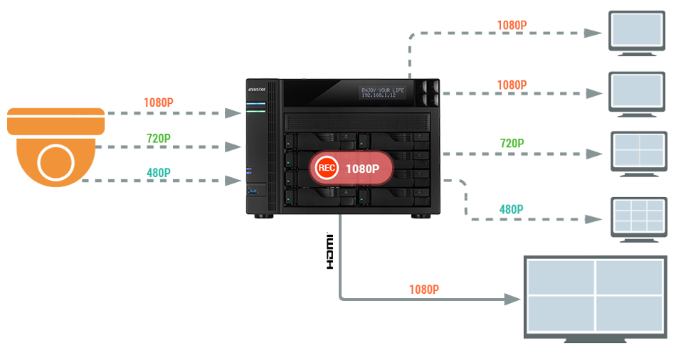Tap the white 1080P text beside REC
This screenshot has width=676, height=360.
coord(364,169)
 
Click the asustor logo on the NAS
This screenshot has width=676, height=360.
coord(256,90)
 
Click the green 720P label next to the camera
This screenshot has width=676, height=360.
coord(159,138)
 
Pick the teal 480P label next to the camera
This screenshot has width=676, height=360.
coord(159,172)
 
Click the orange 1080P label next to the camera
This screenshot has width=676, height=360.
coord(159,102)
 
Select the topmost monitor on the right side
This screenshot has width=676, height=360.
coord(635,33)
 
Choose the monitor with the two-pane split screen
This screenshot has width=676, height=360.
coord(638,150)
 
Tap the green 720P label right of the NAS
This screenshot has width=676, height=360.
coord(512,143)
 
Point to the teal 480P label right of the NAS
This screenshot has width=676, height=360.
coord(512,209)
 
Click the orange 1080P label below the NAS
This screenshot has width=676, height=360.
coord(424,290)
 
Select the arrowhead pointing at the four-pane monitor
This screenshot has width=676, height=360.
coord(513,300)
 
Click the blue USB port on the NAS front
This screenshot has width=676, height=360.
coord(250,191)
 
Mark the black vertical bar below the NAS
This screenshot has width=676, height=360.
coord(329,250)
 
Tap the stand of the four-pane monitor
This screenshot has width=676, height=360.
coord(595,340)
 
